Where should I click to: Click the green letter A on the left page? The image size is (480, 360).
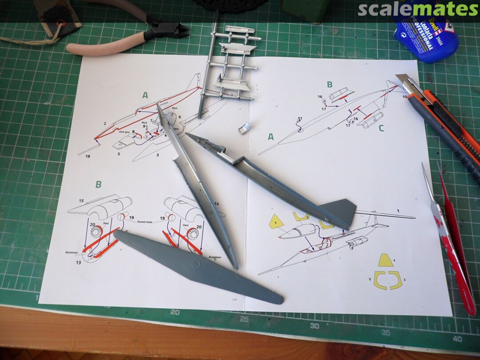point(145,95)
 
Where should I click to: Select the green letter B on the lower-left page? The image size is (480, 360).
point(98,184)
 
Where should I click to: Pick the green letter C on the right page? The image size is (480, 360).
point(381,128)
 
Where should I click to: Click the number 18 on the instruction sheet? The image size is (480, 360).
point(87,156)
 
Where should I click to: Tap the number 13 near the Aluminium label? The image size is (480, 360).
point(78,263)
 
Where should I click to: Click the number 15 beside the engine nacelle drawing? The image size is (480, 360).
point(81,201)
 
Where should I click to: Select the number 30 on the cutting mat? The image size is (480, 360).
point(314,326)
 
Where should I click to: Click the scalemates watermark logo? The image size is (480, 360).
point(418,9)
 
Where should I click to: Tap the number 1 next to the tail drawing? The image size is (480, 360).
point(398,210)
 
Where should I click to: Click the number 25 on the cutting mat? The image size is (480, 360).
point(244,319)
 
